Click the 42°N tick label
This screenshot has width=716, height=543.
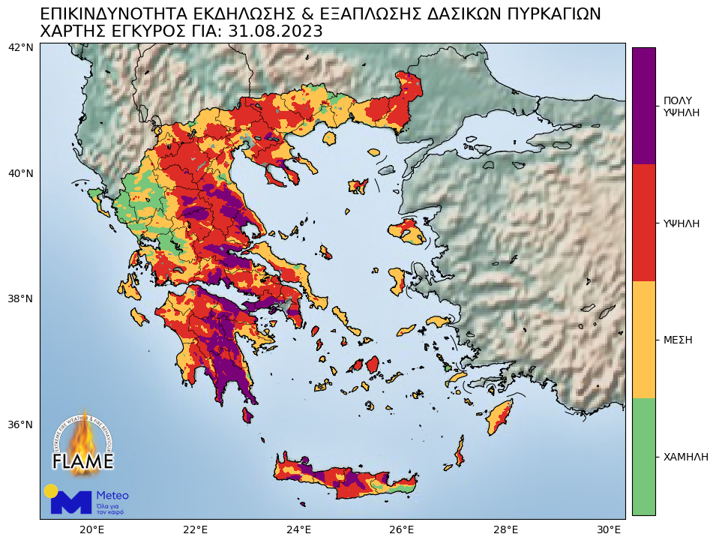click(20, 48)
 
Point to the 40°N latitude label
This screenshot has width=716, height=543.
click(20, 173)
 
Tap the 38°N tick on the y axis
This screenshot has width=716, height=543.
click(20, 298)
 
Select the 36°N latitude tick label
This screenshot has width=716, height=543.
click(20, 424)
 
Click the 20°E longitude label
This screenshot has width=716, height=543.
click(92, 530)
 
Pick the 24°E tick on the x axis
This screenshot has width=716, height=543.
click(299, 530)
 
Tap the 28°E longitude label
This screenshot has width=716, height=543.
click(506, 530)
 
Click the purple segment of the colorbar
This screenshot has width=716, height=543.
click(643, 106)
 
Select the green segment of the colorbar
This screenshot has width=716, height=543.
click(643, 456)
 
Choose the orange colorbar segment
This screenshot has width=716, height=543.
click(643, 340)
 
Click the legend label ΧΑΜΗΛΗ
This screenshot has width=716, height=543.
click(685, 457)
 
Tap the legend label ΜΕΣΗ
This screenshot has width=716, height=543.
click(678, 340)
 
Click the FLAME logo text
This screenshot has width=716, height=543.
click(82, 460)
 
